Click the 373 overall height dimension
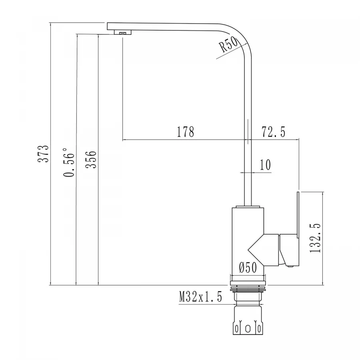[45, 154]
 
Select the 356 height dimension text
[91, 159]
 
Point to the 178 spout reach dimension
[185, 132]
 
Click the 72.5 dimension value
[273, 132]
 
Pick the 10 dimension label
[265, 165]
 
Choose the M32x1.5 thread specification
[200, 297]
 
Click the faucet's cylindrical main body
[240, 240]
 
